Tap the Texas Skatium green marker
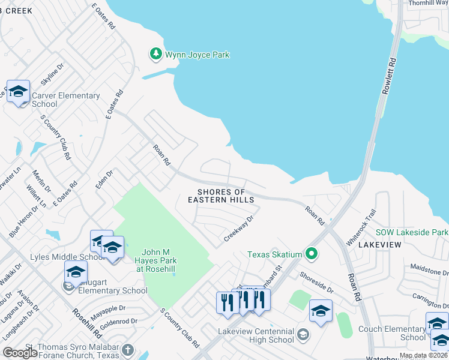tap(311, 254)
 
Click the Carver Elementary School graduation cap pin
tap(18, 92)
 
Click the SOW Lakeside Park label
tap(411, 232)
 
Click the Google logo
tap(20, 353)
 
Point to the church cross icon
tap(127, 349)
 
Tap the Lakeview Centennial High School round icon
tap(303, 334)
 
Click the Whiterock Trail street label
tap(361, 226)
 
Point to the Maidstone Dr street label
tap(429, 268)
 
